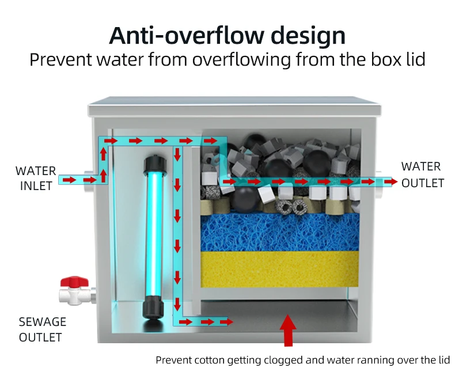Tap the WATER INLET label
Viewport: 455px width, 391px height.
pos(36,178)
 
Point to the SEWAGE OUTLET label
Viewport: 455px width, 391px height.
pos(42,329)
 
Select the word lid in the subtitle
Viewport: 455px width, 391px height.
pos(412,59)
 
